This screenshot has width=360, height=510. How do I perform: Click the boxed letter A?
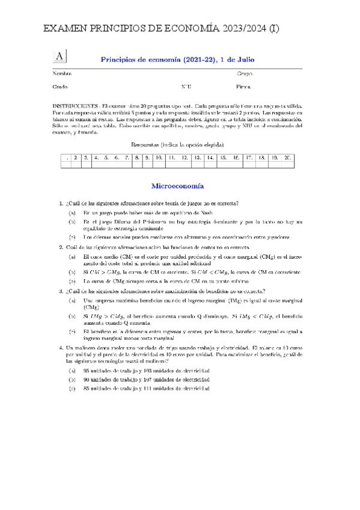pyautogui.click(x=60, y=55)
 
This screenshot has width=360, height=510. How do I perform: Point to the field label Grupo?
pyautogui.click(x=245, y=73)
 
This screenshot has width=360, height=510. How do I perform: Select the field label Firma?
pyautogui.click(x=243, y=87)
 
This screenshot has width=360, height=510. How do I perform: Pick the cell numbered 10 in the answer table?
pyautogui.click(x=159, y=158)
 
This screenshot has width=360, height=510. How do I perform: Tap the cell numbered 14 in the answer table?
pyautogui.click(x=210, y=158)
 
